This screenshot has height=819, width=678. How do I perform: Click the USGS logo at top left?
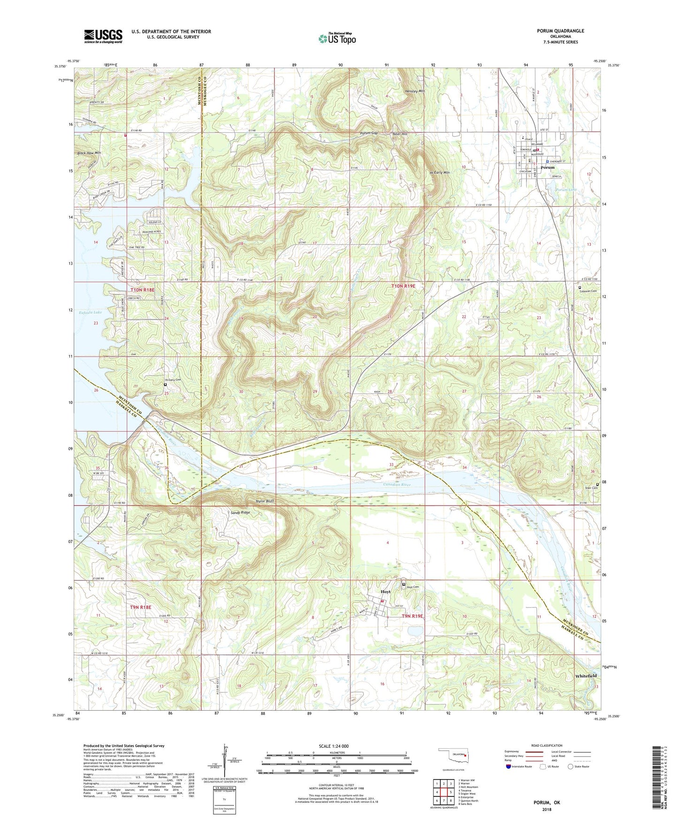pyautogui.click(x=103, y=36)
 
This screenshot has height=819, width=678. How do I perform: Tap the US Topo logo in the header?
pyautogui.click(x=337, y=38)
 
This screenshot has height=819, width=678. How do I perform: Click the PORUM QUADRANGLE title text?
pyautogui.click(x=561, y=31)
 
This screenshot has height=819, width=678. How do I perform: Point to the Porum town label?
pyautogui.click(x=547, y=167)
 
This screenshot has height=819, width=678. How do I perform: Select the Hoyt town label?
pyautogui.click(x=385, y=592)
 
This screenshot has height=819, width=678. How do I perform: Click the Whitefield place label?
pyautogui.click(x=586, y=676)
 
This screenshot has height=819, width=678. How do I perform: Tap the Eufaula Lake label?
pyautogui.click(x=90, y=312)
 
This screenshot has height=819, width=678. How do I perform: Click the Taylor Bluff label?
pyautogui.click(x=264, y=501)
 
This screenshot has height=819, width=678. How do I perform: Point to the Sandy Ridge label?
pyautogui.click(x=240, y=513)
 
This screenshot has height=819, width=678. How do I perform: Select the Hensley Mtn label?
pyautogui.click(x=415, y=91)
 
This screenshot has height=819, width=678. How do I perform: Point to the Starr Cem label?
pyautogui.click(x=591, y=488)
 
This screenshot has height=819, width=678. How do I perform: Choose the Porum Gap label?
pyautogui.click(x=369, y=133)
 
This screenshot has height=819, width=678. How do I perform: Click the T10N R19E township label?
pyautogui.click(x=404, y=286)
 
